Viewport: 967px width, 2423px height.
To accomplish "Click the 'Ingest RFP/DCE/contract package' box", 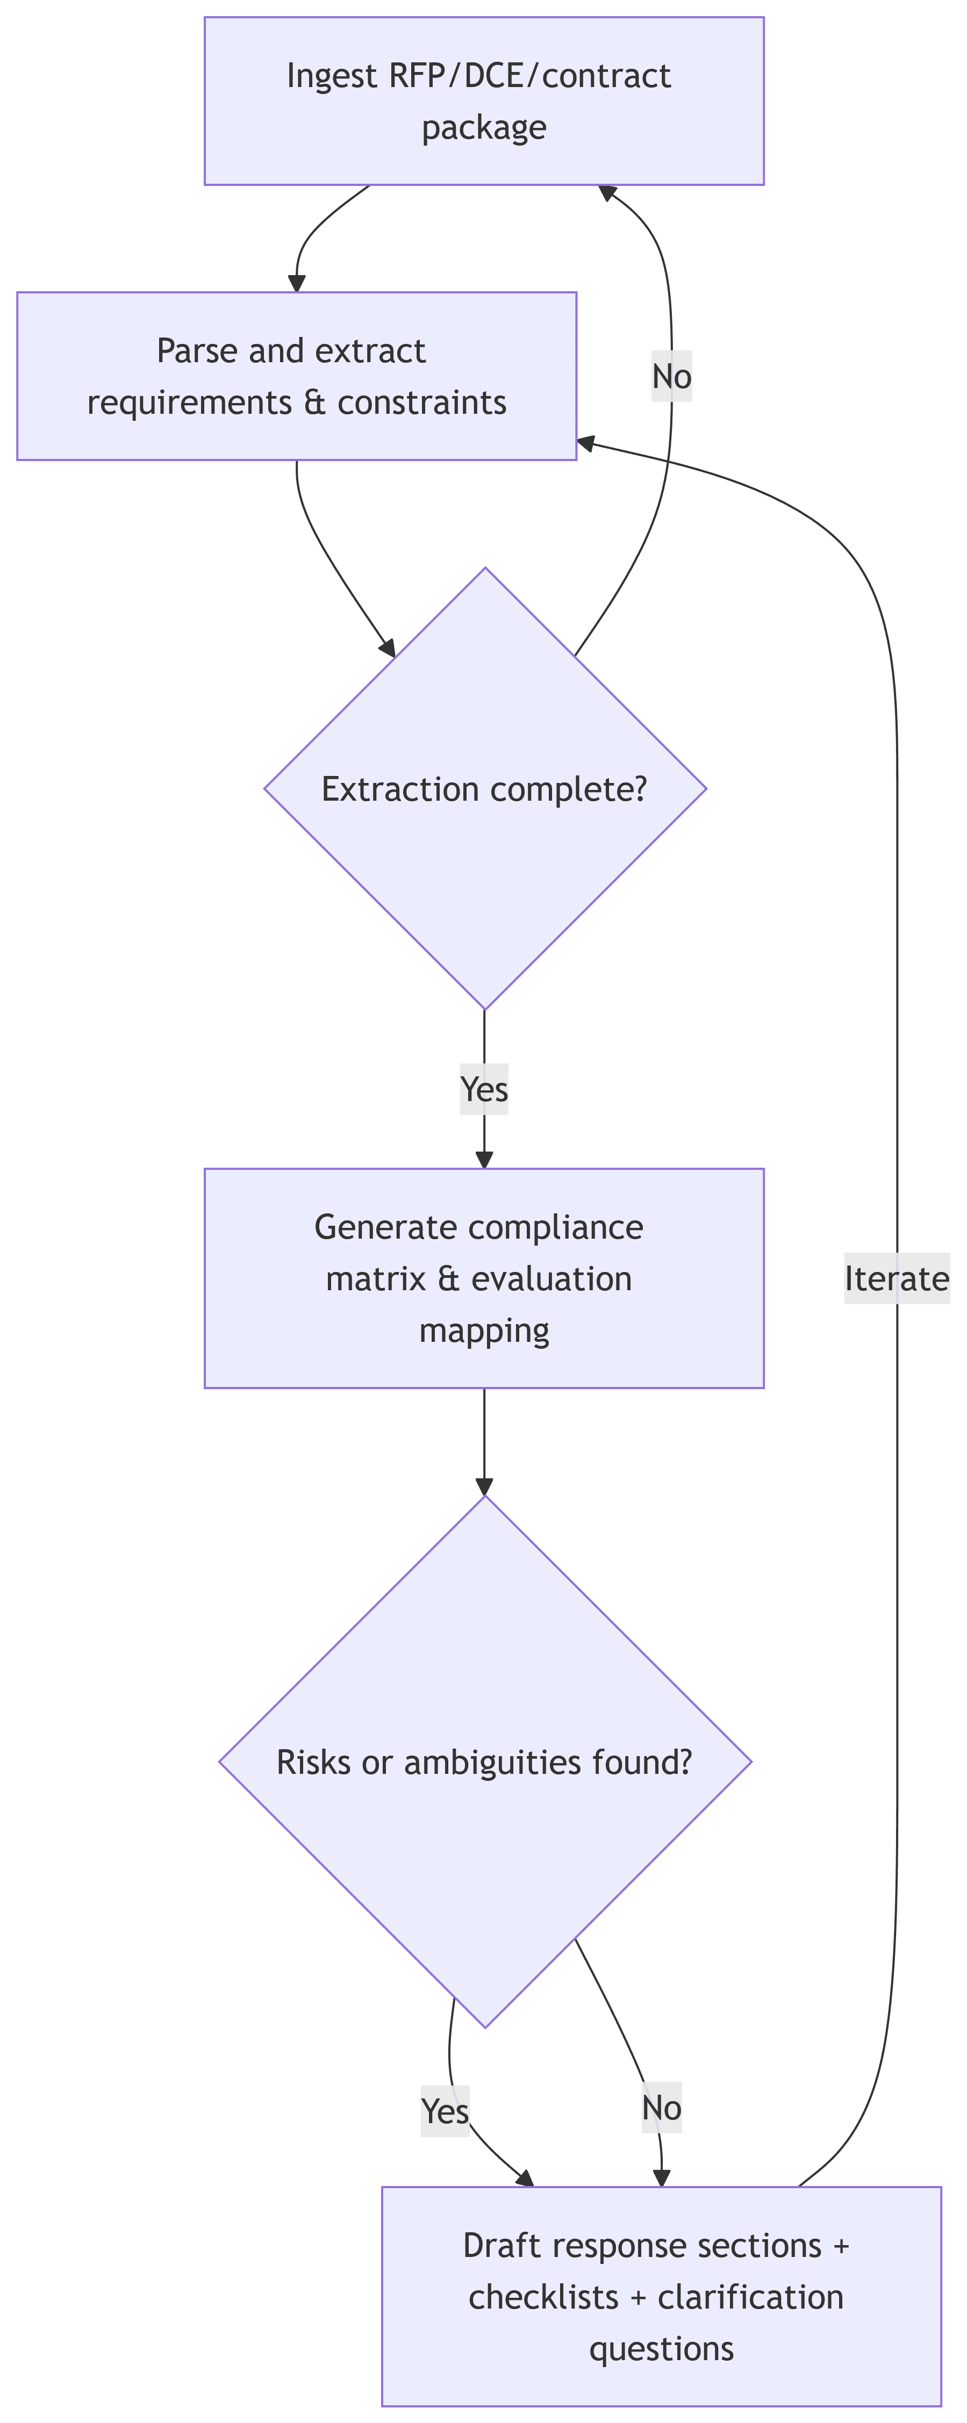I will click(484, 100).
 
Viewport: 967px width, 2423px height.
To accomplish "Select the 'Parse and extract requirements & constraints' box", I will click(296, 376).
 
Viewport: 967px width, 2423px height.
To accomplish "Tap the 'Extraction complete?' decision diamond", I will click(484, 788).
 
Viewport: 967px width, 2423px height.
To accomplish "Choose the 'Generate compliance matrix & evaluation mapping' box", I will click(484, 1278).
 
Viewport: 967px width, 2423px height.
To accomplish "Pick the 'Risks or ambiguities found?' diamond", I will click(484, 1761).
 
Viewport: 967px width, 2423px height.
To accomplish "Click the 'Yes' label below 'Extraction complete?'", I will click(484, 1089).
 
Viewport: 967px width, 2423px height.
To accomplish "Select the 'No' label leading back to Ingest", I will click(672, 376).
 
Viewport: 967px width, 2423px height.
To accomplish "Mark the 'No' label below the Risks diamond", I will click(661, 2109).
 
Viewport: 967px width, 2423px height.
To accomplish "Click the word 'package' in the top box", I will click(484, 127).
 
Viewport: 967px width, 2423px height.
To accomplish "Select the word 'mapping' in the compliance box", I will click(484, 1330).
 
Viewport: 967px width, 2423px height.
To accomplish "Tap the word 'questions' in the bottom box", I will click(661, 2349).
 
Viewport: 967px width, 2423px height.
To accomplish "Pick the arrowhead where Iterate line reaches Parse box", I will click(585, 441).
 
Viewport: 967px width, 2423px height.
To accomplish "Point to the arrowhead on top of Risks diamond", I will click(484, 1487).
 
